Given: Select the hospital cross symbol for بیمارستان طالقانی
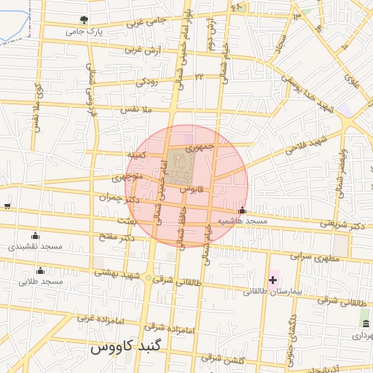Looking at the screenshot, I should tap(273, 280).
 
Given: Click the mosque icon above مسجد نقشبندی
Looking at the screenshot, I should tap(35, 235).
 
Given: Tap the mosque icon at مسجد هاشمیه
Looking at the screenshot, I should tap(242, 211).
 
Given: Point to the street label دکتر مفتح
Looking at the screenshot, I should tap(119, 237).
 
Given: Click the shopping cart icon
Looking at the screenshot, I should tap(7, 206).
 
